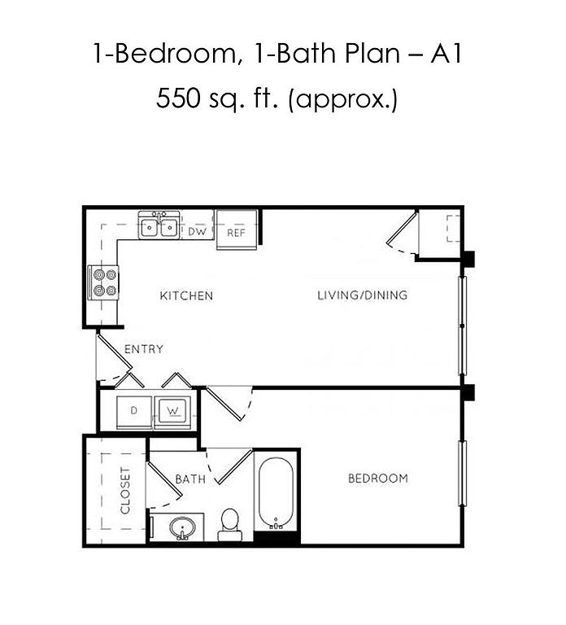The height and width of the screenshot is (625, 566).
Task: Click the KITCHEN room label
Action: (186, 295)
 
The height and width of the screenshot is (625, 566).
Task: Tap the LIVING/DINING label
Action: (362, 295)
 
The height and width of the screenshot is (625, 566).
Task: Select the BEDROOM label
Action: (378, 479)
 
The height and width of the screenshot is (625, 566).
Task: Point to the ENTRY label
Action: (144, 349)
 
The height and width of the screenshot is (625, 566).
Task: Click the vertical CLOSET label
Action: (124, 491)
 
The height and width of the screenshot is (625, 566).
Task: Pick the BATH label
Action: (190, 479)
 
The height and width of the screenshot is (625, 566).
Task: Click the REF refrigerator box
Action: (236, 230)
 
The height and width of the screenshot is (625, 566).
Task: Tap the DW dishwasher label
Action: (197, 232)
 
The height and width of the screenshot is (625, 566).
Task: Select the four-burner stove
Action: (103, 282)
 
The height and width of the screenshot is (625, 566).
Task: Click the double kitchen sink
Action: (159, 225)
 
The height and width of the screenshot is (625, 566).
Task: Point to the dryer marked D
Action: (134, 412)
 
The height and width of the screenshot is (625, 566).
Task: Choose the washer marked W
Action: (173, 412)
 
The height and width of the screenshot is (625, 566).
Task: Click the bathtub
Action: (275, 493)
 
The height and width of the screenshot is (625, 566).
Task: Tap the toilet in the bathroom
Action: (230, 524)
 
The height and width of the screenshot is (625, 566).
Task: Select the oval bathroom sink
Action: (182, 528)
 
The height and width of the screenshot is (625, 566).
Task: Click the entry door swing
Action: (115, 358)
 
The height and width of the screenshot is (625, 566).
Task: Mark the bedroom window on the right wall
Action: (462, 474)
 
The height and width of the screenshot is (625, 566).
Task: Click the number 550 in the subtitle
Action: (177, 98)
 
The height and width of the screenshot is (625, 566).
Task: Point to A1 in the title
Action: (446, 54)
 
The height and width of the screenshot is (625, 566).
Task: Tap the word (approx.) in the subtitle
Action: (342, 99)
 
